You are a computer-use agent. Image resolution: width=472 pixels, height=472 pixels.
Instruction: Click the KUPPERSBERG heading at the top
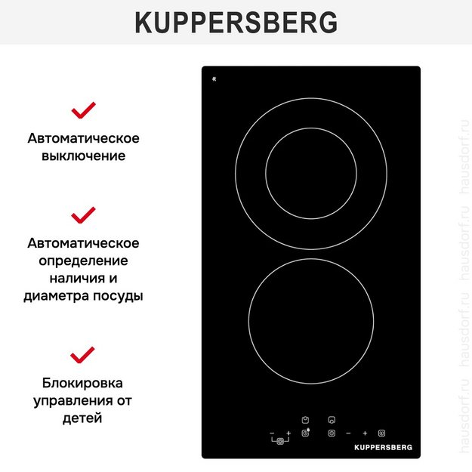[236, 23]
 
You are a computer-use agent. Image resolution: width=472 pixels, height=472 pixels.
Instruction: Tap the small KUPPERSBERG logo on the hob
[383, 447]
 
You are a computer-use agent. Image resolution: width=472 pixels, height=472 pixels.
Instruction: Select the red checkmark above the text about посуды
[83, 214]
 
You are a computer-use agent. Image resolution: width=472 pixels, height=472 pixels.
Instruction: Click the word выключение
[83, 156]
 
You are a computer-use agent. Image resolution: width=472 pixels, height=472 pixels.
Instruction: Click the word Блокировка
[83, 383]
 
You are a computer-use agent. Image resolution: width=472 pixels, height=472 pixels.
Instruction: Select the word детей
[83, 418]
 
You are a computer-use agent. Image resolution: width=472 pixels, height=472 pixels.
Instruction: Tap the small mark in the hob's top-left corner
[214, 79]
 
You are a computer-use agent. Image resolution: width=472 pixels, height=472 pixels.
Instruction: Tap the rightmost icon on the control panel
[381, 433]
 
